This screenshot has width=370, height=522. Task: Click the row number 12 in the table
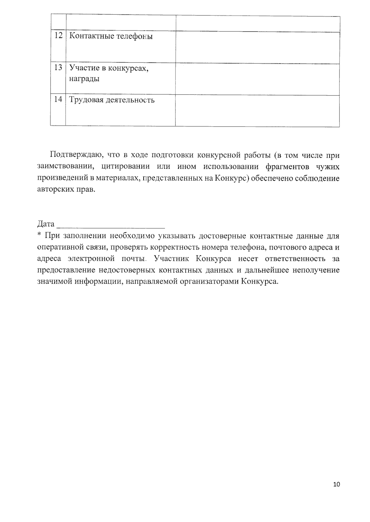click(x=58, y=35)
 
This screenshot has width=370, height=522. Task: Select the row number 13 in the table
click(x=58, y=67)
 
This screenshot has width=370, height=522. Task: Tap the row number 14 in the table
click(x=58, y=99)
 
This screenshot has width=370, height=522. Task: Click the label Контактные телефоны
click(x=111, y=36)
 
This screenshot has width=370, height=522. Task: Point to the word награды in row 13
click(x=84, y=79)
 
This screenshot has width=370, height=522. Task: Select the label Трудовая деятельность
click(x=112, y=100)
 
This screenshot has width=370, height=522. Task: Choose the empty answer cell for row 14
click(x=257, y=111)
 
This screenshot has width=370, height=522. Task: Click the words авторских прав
click(x=66, y=189)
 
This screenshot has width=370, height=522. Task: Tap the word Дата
click(x=46, y=224)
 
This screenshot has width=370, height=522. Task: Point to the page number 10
click(x=336, y=484)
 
